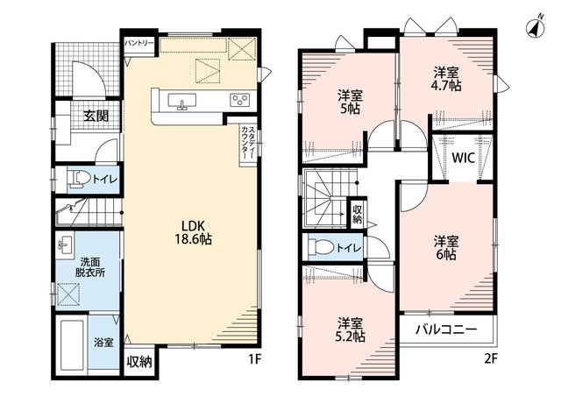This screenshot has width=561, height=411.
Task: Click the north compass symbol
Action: coord(536,27)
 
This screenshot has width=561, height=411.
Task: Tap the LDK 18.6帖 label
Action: coord(193,232)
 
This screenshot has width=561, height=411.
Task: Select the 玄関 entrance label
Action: coord(96,116)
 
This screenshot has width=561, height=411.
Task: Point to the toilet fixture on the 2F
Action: coord(322,246)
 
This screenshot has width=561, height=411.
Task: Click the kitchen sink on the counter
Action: coord(182,101)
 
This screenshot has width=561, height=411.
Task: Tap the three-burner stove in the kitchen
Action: coord(239,99)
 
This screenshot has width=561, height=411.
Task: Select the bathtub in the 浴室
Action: coord(72,344)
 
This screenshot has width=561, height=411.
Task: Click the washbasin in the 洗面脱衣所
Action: coord(66,244)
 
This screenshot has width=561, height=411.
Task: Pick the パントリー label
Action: coord(139,43)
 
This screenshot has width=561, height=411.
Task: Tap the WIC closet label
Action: coord(463,158)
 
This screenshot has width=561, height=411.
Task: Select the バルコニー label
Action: coord(446,330)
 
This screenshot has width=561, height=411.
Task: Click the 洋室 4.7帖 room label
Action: coord(446,79)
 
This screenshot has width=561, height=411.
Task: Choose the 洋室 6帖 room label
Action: coord(446,247)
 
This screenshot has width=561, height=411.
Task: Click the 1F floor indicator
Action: coord(255,358)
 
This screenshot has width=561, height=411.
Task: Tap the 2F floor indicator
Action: coord(491,358)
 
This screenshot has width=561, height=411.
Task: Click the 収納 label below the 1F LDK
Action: coord(139,362)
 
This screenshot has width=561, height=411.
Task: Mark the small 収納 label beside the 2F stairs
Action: coord(357,215)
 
